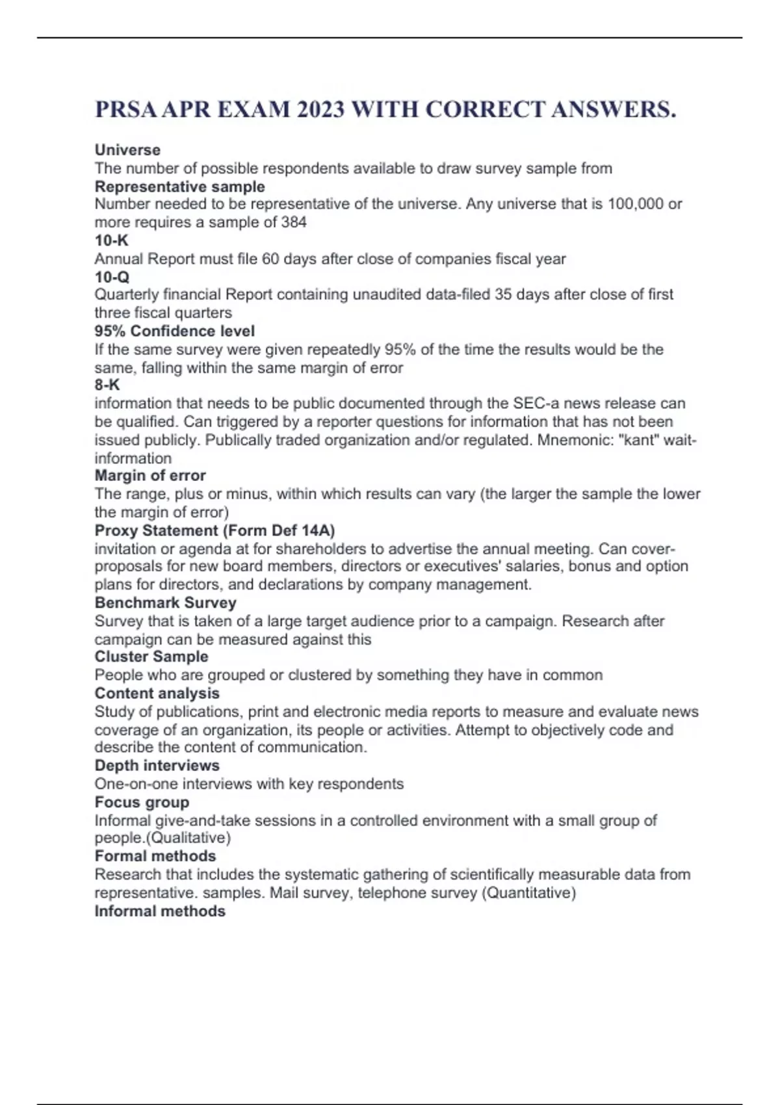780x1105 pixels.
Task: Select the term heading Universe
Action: click(x=127, y=150)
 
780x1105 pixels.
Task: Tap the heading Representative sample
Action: click(x=179, y=187)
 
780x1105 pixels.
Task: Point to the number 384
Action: click(x=294, y=222)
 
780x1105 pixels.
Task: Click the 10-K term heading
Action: click(x=111, y=240)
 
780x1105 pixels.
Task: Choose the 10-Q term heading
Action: click(x=112, y=277)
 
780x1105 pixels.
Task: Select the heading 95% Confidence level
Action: click(x=174, y=331)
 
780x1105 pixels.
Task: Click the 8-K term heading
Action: click(x=107, y=385)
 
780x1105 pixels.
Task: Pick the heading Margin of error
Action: click(x=149, y=476)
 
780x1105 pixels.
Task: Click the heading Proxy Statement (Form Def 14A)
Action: click(x=214, y=530)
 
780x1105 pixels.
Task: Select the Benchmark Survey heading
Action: click(x=165, y=603)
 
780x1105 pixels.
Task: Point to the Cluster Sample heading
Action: click(x=151, y=656)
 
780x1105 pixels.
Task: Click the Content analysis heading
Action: click(x=157, y=693)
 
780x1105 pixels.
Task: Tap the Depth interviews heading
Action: click(x=157, y=766)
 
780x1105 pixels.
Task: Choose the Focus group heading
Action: click(x=142, y=802)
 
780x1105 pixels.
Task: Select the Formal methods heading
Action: click(x=155, y=856)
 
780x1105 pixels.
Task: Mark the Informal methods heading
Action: click(x=160, y=911)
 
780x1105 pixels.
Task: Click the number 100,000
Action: click(x=636, y=204)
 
